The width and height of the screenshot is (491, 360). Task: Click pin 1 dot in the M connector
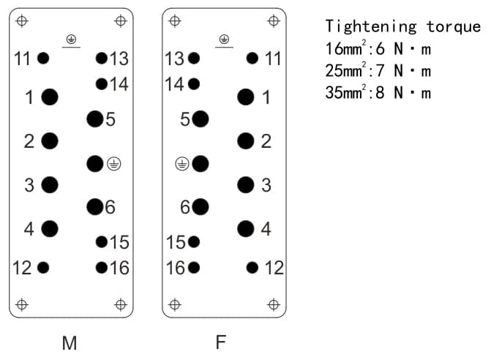pyautogui.click(x=50, y=97)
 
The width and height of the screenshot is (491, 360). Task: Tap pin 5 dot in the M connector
pyautogui.click(x=94, y=119)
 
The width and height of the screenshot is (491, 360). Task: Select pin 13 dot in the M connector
pyautogui.click(x=101, y=58)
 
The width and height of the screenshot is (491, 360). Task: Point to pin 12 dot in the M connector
pyautogui.click(x=43, y=267)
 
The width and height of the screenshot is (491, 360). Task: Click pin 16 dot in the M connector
pyautogui.click(x=101, y=267)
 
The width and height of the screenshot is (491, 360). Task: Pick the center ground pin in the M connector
pyautogui.click(x=94, y=163)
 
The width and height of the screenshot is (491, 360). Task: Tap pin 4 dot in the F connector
pyautogui.click(x=246, y=229)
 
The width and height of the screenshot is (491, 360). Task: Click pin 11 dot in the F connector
pyautogui.click(x=252, y=58)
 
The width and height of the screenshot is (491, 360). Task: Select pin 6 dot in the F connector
pyautogui.click(x=200, y=207)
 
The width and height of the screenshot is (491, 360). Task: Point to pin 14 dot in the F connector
pyautogui.click(x=194, y=83)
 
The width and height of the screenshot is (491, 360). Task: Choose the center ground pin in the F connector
pyautogui.click(x=200, y=163)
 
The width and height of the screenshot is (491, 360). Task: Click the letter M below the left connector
pyautogui.click(x=70, y=342)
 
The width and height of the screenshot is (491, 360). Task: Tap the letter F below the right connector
pyautogui.click(x=221, y=342)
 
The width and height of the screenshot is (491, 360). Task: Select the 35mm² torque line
pyautogui.click(x=378, y=92)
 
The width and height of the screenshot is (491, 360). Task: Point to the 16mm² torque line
pyautogui.click(x=378, y=49)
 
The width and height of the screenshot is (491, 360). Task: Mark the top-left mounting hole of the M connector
pyautogui.click(x=22, y=20)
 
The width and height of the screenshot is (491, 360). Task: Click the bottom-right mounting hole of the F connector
pyautogui.click(x=273, y=304)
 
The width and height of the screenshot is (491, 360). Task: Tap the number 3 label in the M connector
pyautogui.click(x=29, y=185)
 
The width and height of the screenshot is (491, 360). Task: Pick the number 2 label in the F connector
pyautogui.click(x=266, y=141)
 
